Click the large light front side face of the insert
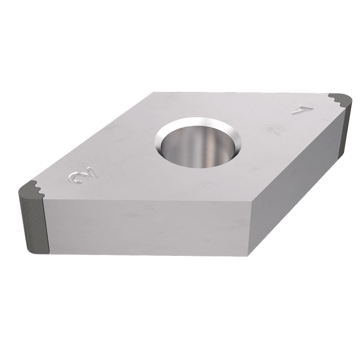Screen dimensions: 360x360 click(143, 226)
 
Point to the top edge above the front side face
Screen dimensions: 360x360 click(148, 199)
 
